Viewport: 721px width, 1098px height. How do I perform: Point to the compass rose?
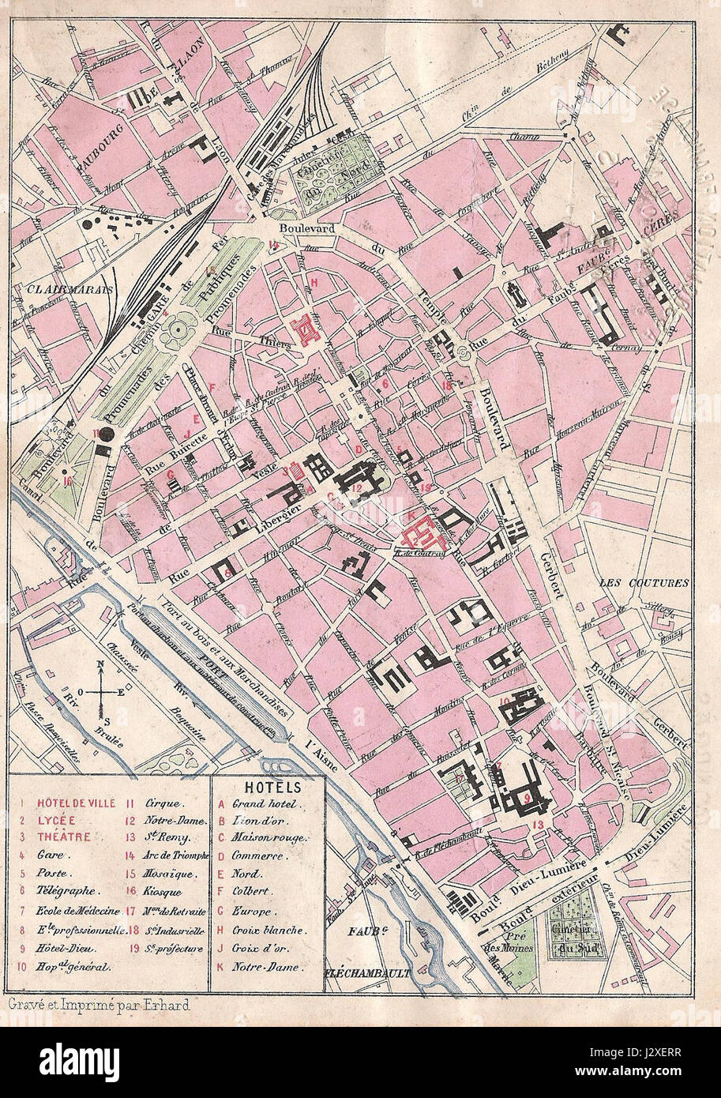coord(101,691)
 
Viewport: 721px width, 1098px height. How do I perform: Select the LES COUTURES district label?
coord(655,584)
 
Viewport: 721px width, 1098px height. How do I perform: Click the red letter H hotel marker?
coord(314,282)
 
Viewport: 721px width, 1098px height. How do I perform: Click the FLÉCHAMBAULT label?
coord(368,973)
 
